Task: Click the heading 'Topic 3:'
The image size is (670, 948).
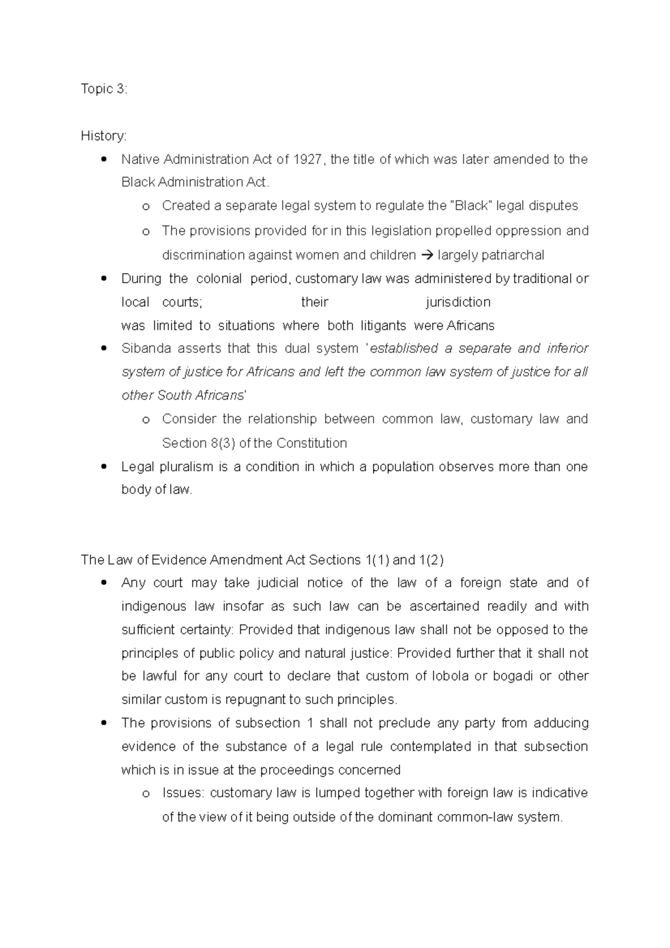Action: coord(104,89)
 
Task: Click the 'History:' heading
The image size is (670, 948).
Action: coord(104,136)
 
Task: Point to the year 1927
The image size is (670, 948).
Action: coord(307,160)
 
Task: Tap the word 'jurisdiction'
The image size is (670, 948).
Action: coord(458,303)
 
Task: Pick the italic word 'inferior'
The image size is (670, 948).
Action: coord(567,349)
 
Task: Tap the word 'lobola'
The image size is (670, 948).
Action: coord(450,677)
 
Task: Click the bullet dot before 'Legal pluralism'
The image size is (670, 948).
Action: coord(103,467)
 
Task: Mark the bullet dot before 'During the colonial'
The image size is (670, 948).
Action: coord(103,279)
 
